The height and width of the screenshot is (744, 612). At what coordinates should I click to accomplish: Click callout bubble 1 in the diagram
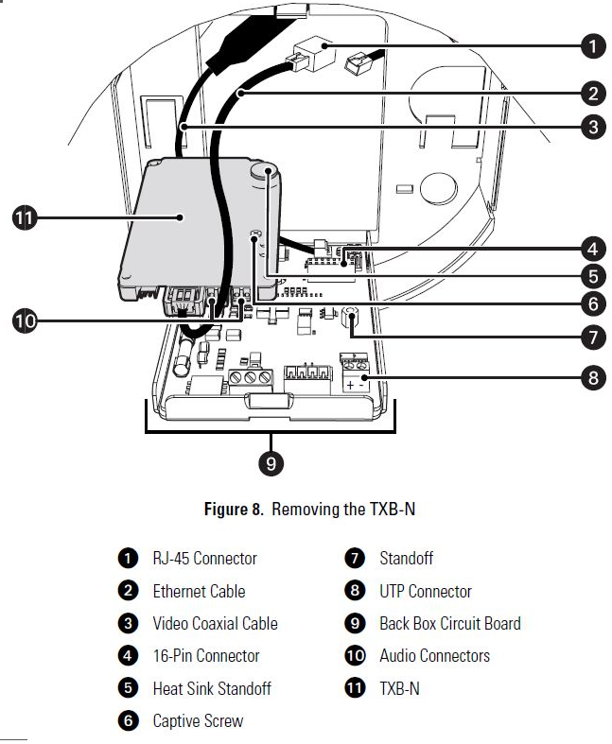[x=592, y=46]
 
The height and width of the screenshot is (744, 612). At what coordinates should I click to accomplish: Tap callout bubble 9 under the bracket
[x=271, y=462]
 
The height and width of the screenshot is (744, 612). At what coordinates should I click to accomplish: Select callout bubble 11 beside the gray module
[x=25, y=217]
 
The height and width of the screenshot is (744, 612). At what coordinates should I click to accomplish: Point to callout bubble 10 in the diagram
[x=25, y=320]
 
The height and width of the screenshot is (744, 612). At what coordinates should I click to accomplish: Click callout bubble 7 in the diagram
[x=592, y=337]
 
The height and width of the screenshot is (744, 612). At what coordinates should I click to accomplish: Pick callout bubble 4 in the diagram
[x=592, y=249]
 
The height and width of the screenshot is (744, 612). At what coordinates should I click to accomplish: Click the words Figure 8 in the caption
[x=233, y=510]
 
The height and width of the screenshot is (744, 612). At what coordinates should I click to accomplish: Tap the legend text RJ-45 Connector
[x=204, y=558]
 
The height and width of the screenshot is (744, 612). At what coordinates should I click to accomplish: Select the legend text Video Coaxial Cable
[x=215, y=624]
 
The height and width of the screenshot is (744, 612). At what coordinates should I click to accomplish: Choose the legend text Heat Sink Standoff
[x=212, y=688]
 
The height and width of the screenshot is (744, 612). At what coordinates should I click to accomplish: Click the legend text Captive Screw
[x=198, y=720]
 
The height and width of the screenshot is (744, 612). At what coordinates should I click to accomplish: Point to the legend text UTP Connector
[x=426, y=591]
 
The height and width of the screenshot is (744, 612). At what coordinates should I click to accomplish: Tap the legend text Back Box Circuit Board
[x=450, y=624]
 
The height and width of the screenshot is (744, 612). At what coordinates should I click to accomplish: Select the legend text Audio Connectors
[x=434, y=656]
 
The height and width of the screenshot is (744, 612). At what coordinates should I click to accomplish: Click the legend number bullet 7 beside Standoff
[x=355, y=558]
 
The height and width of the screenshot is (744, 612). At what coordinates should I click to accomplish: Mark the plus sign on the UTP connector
[x=350, y=385]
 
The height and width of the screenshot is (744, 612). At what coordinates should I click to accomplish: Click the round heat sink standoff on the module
[x=264, y=171]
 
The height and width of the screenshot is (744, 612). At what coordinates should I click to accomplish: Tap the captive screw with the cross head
[x=255, y=234]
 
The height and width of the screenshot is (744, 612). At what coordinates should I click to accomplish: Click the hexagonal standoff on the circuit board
[x=350, y=316]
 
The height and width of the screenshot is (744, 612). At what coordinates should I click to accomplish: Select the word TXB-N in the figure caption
[x=393, y=510]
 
